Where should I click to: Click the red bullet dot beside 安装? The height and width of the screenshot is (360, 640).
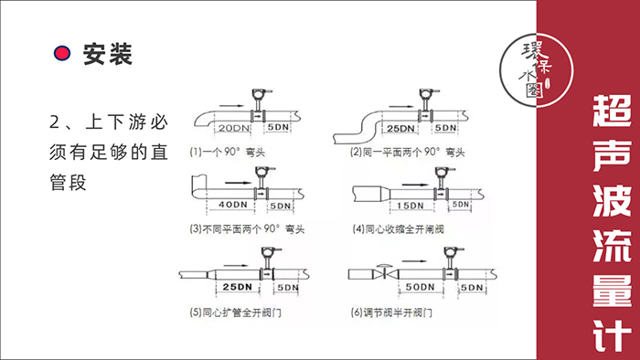click(x=62, y=53)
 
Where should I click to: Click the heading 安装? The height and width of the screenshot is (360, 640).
click(x=108, y=54)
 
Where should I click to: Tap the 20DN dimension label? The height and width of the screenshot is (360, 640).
click(x=234, y=128)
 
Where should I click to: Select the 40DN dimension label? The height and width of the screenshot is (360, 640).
click(x=232, y=205)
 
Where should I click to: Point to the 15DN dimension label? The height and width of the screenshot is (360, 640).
click(x=411, y=206)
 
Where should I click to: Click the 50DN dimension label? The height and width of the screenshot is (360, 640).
click(x=420, y=287)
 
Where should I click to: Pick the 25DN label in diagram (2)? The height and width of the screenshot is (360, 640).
click(x=400, y=129)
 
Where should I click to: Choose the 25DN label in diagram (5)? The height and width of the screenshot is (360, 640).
click(x=237, y=287)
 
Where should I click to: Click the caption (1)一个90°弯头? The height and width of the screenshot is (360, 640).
click(x=228, y=153)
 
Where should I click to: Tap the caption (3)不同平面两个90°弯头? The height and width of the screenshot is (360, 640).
click(x=247, y=229)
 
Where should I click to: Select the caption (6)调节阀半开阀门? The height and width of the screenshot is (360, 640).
click(x=391, y=312)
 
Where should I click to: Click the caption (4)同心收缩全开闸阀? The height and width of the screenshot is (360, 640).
click(x=398, y=229)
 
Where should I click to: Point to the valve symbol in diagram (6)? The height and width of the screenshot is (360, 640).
click(x=383, y=272)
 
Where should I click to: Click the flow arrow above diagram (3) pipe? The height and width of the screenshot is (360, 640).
click(x=239, y=183)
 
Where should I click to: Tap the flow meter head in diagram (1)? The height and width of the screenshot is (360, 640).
click(x=260, y=94)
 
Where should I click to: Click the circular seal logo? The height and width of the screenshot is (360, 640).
click(x=537, y=70)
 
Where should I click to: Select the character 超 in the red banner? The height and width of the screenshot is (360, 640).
click(x=612, y=111)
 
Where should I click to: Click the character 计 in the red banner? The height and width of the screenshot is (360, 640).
click(x=612, y=335)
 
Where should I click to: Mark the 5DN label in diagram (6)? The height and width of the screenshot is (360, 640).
click(x=472, y=288)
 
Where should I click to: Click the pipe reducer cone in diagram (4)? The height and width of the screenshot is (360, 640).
click(x=385, y=194)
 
